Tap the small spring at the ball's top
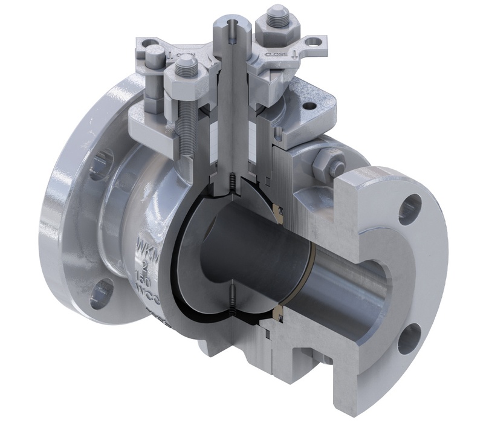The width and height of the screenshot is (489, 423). (232, 181)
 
